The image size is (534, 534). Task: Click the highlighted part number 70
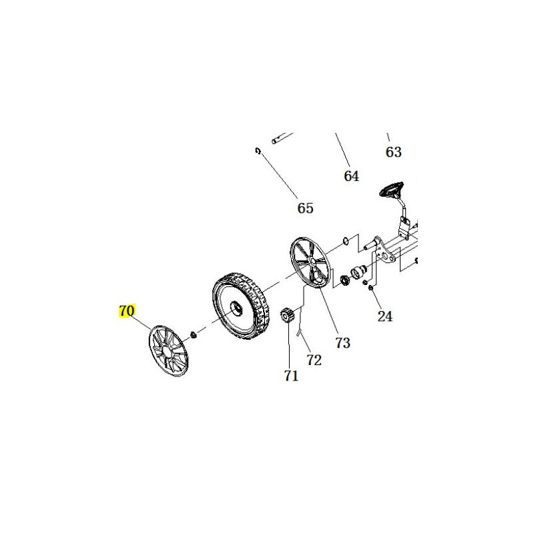pos(127,310)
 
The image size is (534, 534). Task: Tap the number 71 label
pos(291,376)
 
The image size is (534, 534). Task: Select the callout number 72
pos(314,360)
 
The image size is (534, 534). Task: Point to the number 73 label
pos(342,343)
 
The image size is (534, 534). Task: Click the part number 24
pos(385,316)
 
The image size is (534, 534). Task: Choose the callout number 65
pos(305,208)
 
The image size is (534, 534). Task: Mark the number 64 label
pos(352,176)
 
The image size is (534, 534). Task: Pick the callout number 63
pos(393,152)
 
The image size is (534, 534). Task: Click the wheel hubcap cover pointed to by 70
pos(169,351)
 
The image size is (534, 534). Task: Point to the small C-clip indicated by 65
pos(258,151)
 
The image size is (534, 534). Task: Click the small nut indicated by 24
pos(371,289)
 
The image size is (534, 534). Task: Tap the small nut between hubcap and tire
pos(194,336)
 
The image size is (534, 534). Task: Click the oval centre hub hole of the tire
pos(236,307)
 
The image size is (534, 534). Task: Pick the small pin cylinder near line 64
pos(278,140)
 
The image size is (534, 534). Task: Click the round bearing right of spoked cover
pos(346,281)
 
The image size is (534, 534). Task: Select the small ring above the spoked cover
pos(345,241)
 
